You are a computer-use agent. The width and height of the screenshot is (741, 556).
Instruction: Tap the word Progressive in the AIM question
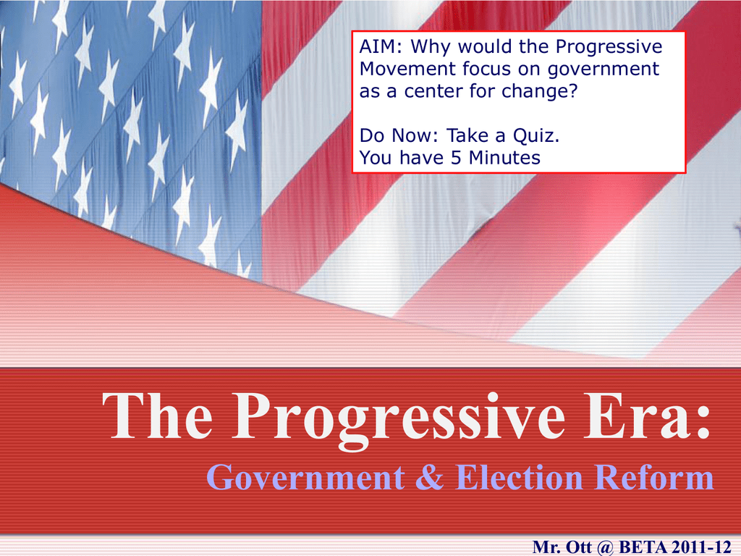[x=609, y=47]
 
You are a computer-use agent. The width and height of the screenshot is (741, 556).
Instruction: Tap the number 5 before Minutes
[x=456, y=158]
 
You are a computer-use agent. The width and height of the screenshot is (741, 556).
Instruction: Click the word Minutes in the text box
[x=504, y=158]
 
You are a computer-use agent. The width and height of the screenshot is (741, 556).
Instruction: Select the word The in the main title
[x=157, y=416]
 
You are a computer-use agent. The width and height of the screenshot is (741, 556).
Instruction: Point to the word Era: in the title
[x=647, y=416]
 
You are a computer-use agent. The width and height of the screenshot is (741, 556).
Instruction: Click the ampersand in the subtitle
[x=430, y=477]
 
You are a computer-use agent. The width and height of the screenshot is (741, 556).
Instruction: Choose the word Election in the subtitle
[x=520, y=477]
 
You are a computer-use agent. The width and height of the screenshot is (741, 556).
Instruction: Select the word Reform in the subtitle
[x=654, y=477]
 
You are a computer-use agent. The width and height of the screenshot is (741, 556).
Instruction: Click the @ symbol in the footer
[x=606, y=547]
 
